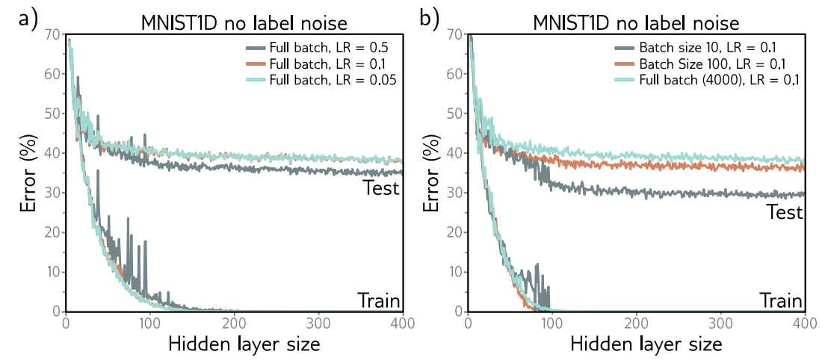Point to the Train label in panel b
(781, 300)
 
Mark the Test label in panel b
(783, 212)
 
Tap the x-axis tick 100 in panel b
(552, 323)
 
